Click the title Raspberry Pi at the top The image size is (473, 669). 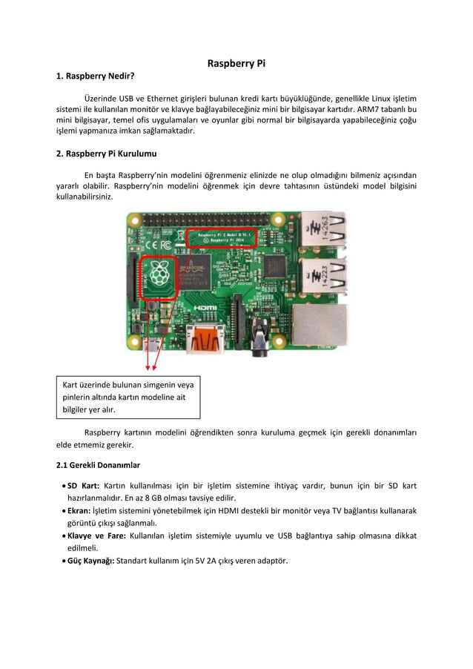236,64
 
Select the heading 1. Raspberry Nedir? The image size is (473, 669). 96,76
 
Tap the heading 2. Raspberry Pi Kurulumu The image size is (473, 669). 107,154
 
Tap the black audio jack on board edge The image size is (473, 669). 260,343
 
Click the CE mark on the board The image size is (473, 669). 140,242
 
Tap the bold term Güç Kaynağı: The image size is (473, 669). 91,560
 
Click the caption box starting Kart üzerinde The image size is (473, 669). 129,396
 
